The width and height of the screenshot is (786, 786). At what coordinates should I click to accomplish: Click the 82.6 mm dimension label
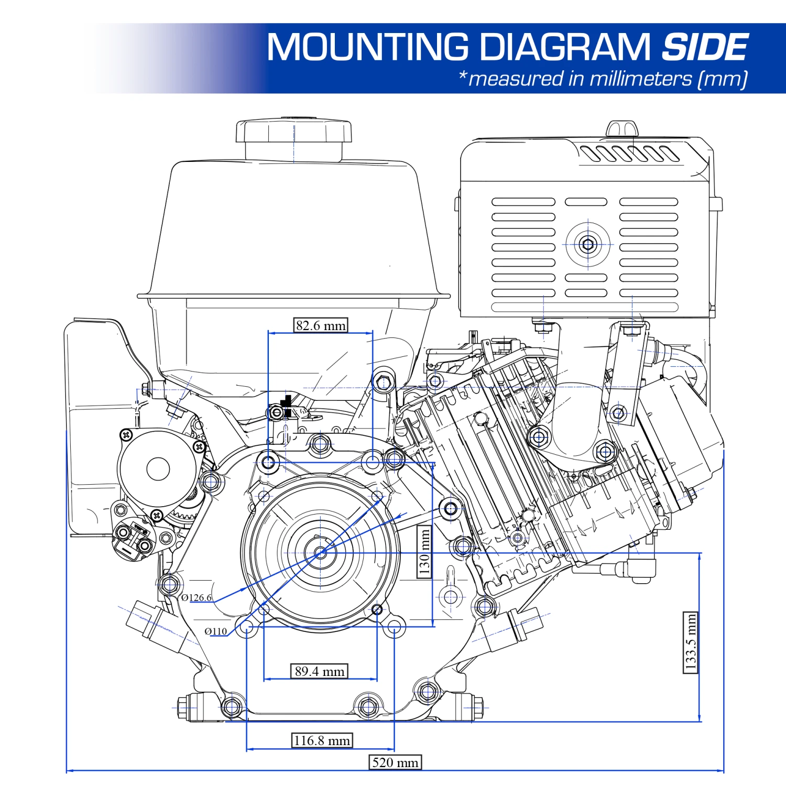point(321,325)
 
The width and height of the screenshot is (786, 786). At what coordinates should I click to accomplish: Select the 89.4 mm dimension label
point(320,671)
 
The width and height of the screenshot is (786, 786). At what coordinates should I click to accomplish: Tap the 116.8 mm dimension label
point(322,740)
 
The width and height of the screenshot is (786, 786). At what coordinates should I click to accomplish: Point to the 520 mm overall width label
point(395,762)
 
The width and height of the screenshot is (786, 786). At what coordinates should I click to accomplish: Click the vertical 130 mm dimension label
point(425,552)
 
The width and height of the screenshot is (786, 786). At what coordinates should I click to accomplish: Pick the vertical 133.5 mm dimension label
point(691,642)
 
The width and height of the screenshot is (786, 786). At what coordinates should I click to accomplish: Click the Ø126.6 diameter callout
point(196,598)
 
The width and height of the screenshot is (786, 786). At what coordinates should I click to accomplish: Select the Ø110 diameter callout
point(215,631)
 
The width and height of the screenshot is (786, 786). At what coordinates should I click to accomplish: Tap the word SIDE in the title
point(705,48)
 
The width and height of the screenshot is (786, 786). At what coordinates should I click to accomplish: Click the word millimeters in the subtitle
point(640,79)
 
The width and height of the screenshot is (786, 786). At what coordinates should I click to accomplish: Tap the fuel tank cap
point(293,132)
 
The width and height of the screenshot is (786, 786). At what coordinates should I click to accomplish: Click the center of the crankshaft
point(321,552)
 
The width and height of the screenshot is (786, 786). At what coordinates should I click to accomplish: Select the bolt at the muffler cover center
point(588,244)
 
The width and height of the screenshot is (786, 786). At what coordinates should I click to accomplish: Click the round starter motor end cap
point(158,468)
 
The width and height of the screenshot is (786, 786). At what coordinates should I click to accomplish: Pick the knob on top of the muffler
point(623,128)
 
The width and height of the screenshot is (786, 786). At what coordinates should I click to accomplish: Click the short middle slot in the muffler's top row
point(586,202)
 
